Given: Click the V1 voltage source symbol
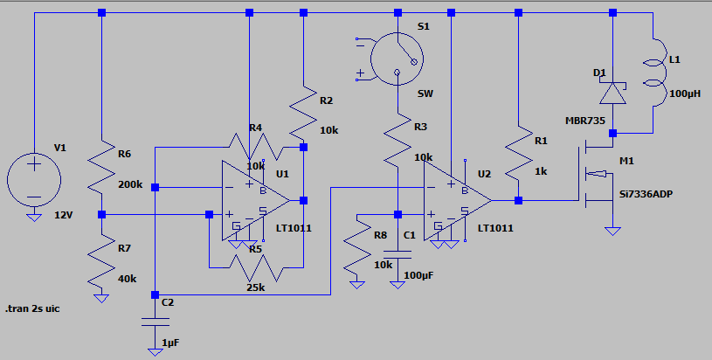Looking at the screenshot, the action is pyautogui.click(x=33, y=180).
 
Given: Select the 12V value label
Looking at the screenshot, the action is pyautogui.click(x=64, y=215).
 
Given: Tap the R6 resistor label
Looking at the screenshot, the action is pyautogui.click(x=124, y=154).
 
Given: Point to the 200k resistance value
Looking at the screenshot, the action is pyautogui.click(x=130, y=184).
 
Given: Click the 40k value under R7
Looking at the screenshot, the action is pyautogui.click(x=128, y=279).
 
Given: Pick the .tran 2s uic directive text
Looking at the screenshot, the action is pyautogui.click(x=32, y=308).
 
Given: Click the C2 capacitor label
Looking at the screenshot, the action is pyautogui.click(x=168, y=302).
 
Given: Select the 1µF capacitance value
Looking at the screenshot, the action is pyautogui.click(x=170, y=343).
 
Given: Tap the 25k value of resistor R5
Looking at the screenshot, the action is pyautogui.click(x=256, y=287).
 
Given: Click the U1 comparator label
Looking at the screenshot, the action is pyautogui.click(x=282, y=175).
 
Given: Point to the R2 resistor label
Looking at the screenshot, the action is pyautogui.click(x=327, y=100).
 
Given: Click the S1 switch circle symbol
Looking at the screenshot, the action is pyautogui.click(x=397, y=59).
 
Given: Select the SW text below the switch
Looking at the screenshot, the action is pyautogui.click(x=425, y=94).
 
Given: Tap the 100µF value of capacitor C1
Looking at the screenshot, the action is pyautogui.click(x=418, y=275).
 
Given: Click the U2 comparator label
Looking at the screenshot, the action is pyautogui.click(x=485, y=175).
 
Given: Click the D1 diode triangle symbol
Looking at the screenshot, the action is pyautogui.click(x=612, y=93).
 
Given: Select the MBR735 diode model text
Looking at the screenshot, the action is pyautogui.click(x=585, y=121).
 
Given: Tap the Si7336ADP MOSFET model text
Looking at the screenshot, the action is pyautogui.click(x=646, y=194).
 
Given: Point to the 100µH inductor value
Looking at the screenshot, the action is pyautogui.click(x=685, y=94).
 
